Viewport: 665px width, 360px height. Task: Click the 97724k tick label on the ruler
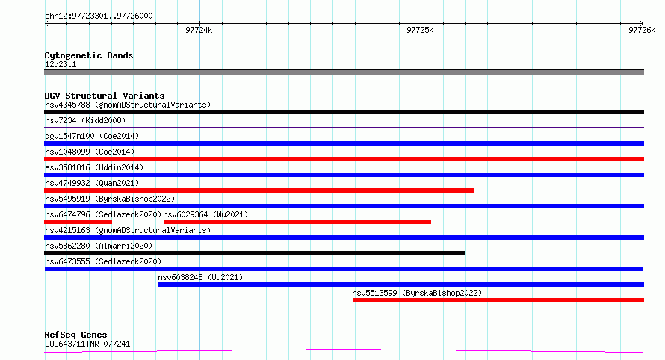pyautogui.click(x=199, y=30)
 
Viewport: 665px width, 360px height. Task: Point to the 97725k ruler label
pyautogui.click(x=420, y=30)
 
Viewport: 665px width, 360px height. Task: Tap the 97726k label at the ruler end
pyautogui.click(x=642, y=30)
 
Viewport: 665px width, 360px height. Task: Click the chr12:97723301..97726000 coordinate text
pyautogui.click(x=99, y=16)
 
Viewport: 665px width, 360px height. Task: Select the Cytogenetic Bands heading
pyautogui.click(x=89, y=55)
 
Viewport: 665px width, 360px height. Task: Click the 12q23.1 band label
pyautogui.click(x=61, y=64)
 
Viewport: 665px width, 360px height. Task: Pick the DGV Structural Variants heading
pyautogui.click(x=105, y=96)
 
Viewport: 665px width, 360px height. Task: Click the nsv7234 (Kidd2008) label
pyautogui.click(x=85, y=120)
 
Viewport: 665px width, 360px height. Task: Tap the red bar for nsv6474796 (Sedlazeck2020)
pyautogui.click(x=78, y=222)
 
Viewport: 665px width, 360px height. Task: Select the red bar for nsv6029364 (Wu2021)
pyautogui.click(x=297, y=222)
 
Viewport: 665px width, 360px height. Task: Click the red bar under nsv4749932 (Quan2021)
pyautogui.click(x=259, y=190)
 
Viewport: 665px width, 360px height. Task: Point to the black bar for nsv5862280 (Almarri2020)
pyautogui.click(x=255, y=253)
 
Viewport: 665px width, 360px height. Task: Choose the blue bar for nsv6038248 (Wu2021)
pyautogui.click(x=401, y=285)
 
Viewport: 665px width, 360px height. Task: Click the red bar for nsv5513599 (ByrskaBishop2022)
pyautogui.click(x=498, y=300)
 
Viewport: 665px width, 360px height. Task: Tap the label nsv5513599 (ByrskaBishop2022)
pyautogui.click(x=417, y=293)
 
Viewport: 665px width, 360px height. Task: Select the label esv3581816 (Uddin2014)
pyautogui.click(x=94, y=167)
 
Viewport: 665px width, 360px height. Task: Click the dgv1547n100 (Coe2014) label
pyautogui.click(x=92, y=136)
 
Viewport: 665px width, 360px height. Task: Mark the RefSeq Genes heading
pyautogui.click(x=75, y=335)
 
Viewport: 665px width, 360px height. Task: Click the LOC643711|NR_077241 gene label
pyautogui.click(x=87, y=344)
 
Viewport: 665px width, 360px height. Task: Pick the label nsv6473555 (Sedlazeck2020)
pyautogui.click(x=103, y=261)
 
